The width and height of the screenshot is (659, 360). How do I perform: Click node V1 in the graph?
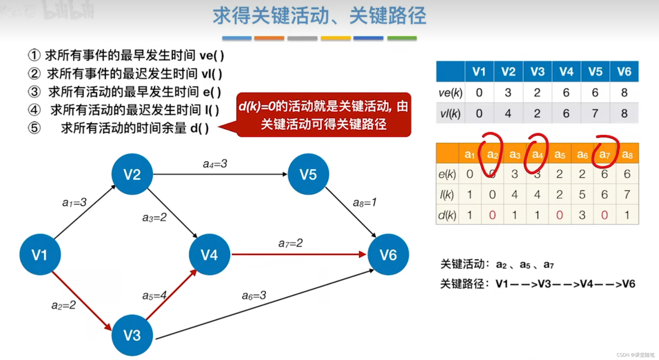(40, 255)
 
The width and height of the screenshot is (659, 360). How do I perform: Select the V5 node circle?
(308, 174)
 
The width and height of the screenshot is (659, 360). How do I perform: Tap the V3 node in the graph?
(132, 335)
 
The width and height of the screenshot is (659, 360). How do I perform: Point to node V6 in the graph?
(388, 255)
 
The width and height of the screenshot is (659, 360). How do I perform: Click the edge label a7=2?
(290, 243)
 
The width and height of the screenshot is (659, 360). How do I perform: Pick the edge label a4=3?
(215, 164)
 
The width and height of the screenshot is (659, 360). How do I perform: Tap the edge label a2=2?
(64, 305)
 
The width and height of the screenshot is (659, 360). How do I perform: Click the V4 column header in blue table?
(566, 72)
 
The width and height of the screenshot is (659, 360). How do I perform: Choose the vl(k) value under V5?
(595, 113)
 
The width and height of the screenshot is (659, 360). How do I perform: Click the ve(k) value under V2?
(508, 93)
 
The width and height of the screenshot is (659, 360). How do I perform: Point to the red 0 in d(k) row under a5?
(560, 215)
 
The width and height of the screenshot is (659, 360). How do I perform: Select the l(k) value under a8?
(627, 194)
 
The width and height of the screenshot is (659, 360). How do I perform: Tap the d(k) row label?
(447, 215)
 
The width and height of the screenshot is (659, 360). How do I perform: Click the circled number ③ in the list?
(34, 92)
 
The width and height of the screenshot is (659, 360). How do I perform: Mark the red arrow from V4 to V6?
(298, 254)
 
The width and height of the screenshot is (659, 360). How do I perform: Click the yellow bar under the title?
(335, 38)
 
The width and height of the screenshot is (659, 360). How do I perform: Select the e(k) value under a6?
(582, 174)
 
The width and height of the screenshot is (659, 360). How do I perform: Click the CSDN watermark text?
(635, 355)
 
